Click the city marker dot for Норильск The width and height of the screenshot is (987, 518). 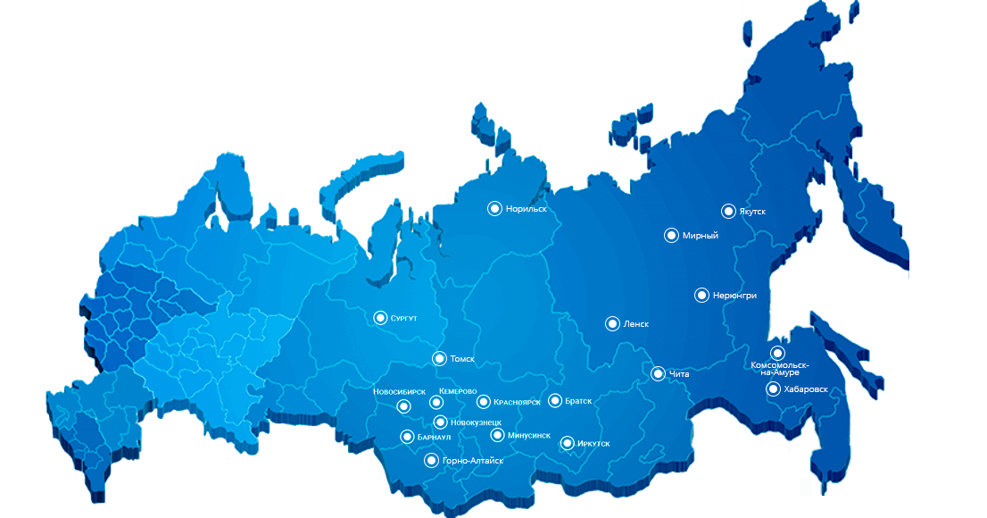pyautogui.click(x=493, y=208)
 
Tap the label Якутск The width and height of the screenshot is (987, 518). pyautogui.click(x=752, y=212)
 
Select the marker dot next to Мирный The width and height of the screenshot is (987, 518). pyautogui.click(x=671, y=235)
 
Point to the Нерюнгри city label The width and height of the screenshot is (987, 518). pyautogui.click(x=734, y=296)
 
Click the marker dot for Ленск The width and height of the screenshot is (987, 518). pyautogui.click(x=612, y=323)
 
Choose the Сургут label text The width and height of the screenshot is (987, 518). pyautogui.click(x=403, y=318)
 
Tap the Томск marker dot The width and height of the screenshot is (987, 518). pyautogui.click(x=439, y=358)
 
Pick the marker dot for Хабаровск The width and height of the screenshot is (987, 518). pyautogui.click(x=773, y=388)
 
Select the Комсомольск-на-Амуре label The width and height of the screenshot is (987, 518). pyautogui.click(x=780, y=369)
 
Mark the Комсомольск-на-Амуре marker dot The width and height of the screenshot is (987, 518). pyautogui.click(x=777, y=354)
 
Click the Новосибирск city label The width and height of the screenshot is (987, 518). pyautogui.click(x=399, y=392)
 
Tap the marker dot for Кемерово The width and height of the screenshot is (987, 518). pyautogui.click(x=436, y=402)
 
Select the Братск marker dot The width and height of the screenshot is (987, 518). pyautogui.click(x=555, y=401)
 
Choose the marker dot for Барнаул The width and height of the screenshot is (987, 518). pyautogui.click(x=407, y=437)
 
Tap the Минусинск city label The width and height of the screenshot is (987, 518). pyautogui.click(x=527, y=436)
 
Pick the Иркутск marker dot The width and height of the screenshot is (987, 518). pyautogui.click(x=568, y=442)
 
